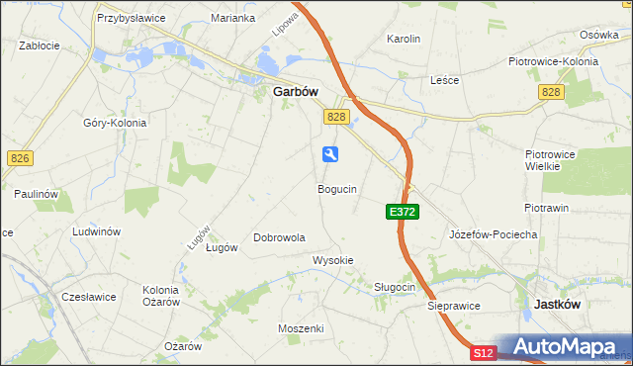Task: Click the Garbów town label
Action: point(295,91)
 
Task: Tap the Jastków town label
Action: point(557,305)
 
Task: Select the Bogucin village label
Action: point(337,188)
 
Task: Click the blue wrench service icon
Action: point(330,153)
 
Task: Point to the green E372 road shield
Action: point(403,212)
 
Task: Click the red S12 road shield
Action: point(483,352)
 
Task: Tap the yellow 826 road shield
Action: point(19,157)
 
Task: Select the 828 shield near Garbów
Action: point(336,117)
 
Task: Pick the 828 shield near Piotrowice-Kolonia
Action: point(552,91)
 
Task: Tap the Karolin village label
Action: point(404,39)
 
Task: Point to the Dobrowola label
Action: point(279,237)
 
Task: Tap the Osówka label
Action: point(598,34)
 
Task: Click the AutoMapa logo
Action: point(565,347)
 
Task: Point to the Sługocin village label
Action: point(394,287)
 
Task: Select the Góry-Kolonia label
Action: point(115,123)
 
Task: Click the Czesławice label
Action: point(89,296)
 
